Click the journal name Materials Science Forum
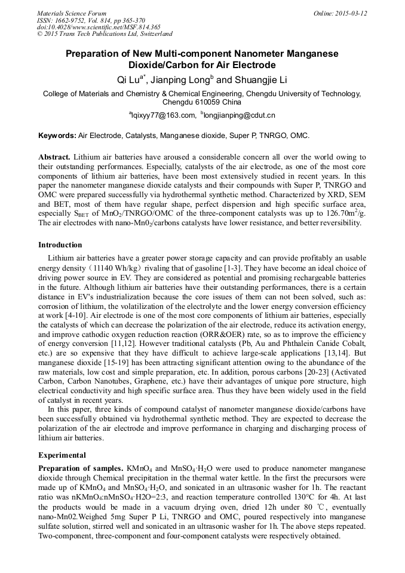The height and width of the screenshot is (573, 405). click(72, 13)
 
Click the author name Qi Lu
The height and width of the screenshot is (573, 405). click(130, 79)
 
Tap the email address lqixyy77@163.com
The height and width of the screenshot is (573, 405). click(163, 115)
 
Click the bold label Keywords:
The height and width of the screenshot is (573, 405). click(57, 136)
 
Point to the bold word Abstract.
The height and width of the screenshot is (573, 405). click(54, 157)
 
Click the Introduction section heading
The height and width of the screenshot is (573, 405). click(60, 245)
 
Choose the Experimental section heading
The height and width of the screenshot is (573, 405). click(62, 455)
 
